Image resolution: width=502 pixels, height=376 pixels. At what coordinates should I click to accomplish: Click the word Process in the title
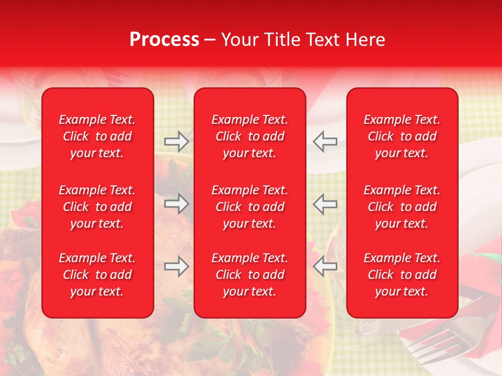164,40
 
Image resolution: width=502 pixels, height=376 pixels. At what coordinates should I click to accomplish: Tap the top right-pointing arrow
176,141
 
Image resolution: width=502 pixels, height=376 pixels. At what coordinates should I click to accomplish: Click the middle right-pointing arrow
176,203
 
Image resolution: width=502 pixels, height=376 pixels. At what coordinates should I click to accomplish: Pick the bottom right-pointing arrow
176,266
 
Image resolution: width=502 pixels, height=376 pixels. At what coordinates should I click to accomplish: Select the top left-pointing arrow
325,141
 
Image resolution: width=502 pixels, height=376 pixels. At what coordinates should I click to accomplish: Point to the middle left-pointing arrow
325,203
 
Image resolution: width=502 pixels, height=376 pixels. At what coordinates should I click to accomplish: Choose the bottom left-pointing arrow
325,266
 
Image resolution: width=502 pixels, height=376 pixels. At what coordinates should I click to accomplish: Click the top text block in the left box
97,136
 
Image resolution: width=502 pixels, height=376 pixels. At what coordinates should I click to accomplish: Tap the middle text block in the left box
97,207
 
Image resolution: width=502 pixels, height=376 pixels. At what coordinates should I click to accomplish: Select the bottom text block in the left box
97,275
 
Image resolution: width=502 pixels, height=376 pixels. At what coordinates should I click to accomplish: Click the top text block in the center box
250,136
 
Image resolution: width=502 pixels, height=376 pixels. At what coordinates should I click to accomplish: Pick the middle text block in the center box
250,207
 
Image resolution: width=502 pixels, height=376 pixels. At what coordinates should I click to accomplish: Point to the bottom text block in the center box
250,275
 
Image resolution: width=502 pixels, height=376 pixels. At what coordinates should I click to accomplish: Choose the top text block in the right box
402,136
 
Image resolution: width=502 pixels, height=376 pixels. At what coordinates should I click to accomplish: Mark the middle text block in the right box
402,207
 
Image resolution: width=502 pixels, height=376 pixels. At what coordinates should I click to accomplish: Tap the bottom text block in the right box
402,275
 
